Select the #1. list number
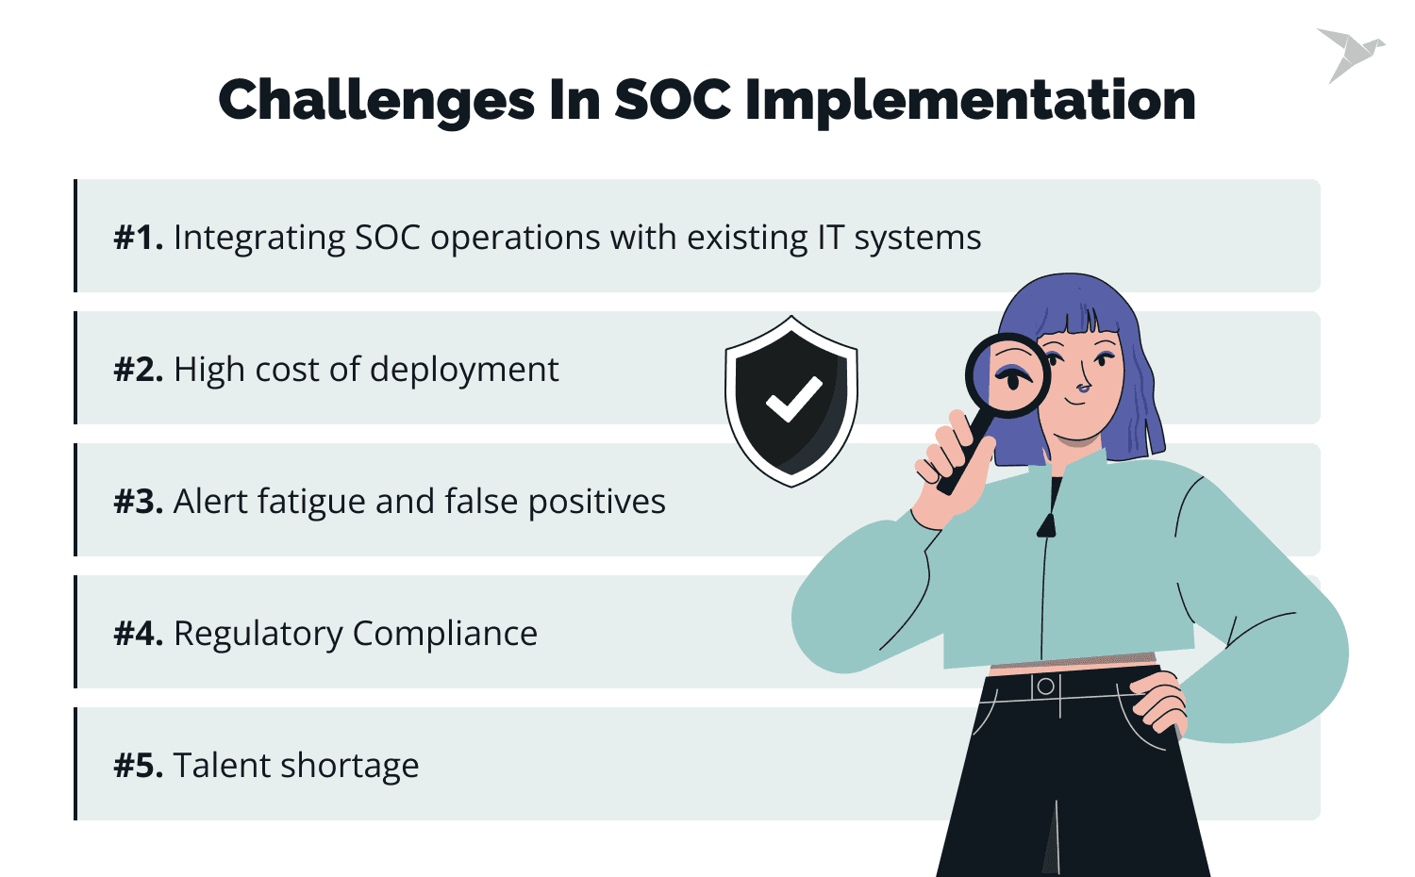139,238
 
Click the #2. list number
139,370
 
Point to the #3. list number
139,502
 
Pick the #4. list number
139,634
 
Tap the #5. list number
139,766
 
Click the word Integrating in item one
259,238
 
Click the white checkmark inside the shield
793,399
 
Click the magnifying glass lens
1008,375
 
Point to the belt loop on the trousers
1045,687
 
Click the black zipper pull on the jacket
1046,525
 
